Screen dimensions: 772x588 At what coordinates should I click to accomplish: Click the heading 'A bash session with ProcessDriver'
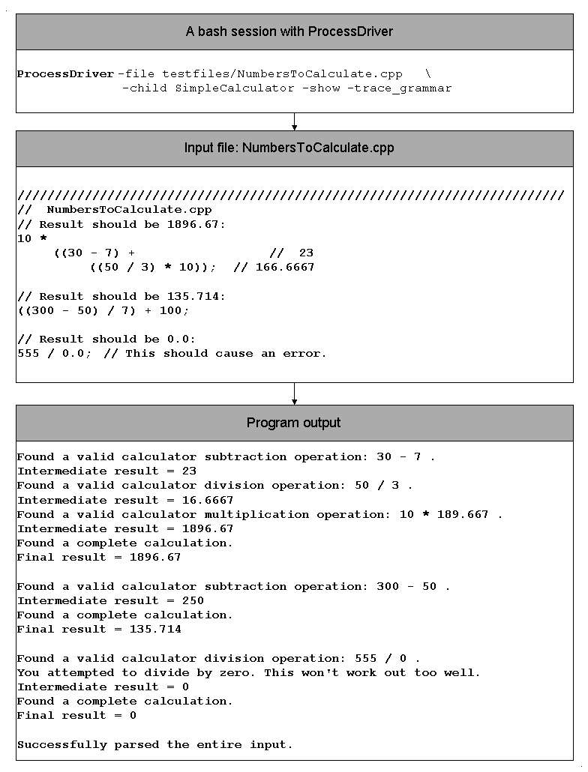coord(289,31)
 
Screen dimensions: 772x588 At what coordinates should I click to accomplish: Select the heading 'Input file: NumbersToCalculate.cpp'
coord(289,148)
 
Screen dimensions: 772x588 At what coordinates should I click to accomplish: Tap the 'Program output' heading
coord(293,423)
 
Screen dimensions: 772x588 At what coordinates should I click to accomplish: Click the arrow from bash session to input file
coord(294,121)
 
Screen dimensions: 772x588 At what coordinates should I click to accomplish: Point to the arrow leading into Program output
coord(294,393)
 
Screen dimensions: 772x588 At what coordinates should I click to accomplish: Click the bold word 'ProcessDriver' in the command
coord(66,74)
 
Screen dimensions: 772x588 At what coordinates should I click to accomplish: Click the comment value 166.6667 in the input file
coord(285,268)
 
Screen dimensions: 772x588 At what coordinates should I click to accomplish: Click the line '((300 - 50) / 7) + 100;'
coord(103,310)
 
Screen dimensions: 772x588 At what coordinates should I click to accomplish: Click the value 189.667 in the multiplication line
coord(462,515)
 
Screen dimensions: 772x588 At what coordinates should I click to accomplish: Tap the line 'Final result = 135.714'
coord(99,630)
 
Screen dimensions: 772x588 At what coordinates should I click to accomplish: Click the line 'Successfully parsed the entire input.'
coord(155,745)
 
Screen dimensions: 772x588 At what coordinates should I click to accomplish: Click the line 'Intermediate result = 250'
coord(110,601)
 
